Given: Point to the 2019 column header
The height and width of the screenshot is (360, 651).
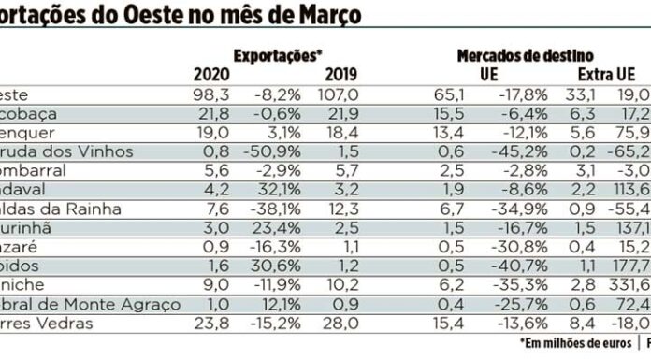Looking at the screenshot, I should (340, 75).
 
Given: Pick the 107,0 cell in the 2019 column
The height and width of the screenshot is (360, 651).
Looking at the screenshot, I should (340, 94).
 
